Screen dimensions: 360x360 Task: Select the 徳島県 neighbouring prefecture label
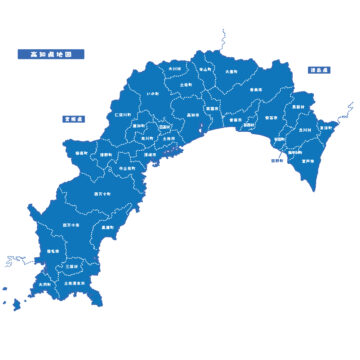[319, 71]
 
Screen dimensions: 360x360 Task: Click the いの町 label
[153, 92]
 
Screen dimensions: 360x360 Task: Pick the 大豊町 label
[230, 72]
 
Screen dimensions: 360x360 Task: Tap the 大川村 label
[174, 68]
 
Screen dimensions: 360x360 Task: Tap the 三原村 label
[71, 266]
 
